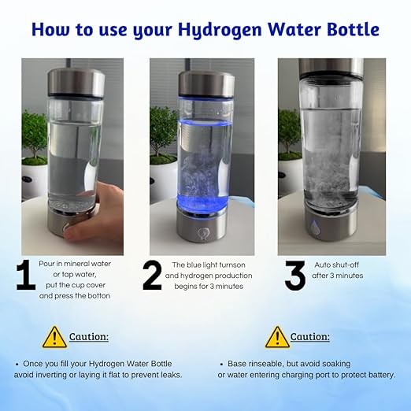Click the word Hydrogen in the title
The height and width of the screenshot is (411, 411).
click(x=230, y=31)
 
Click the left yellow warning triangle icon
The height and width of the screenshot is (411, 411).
click(x=54, y=337)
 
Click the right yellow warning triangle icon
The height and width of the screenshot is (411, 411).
click(x=276, y=337)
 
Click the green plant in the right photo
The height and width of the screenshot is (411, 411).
click(x=289, y=130)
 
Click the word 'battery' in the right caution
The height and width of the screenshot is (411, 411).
click(x=378, y=376)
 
